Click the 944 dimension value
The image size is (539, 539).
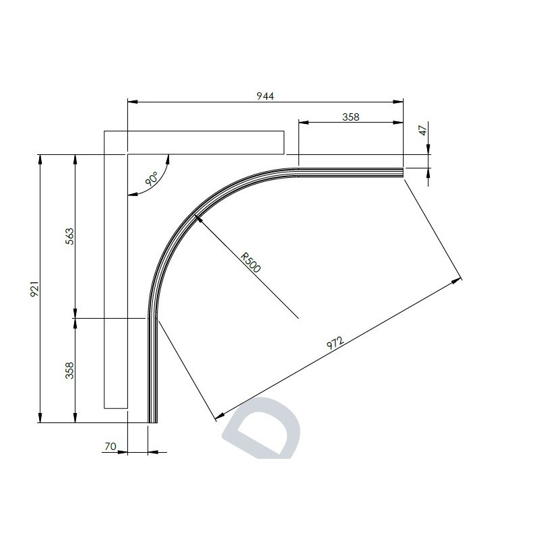pos(265,96)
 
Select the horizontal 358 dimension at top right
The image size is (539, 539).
pos(350,117)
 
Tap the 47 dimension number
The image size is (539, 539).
pos(423,131)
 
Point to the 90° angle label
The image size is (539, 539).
pos(151,179)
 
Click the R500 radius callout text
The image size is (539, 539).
pos(251,263)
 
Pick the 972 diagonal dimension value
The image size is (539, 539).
pos(335,343)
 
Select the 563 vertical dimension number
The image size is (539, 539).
pos(69,236)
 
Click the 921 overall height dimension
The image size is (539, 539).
pos(35,289)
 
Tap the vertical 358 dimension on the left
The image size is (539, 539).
pos(69,371)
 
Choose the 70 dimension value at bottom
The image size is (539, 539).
pos(110,446)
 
